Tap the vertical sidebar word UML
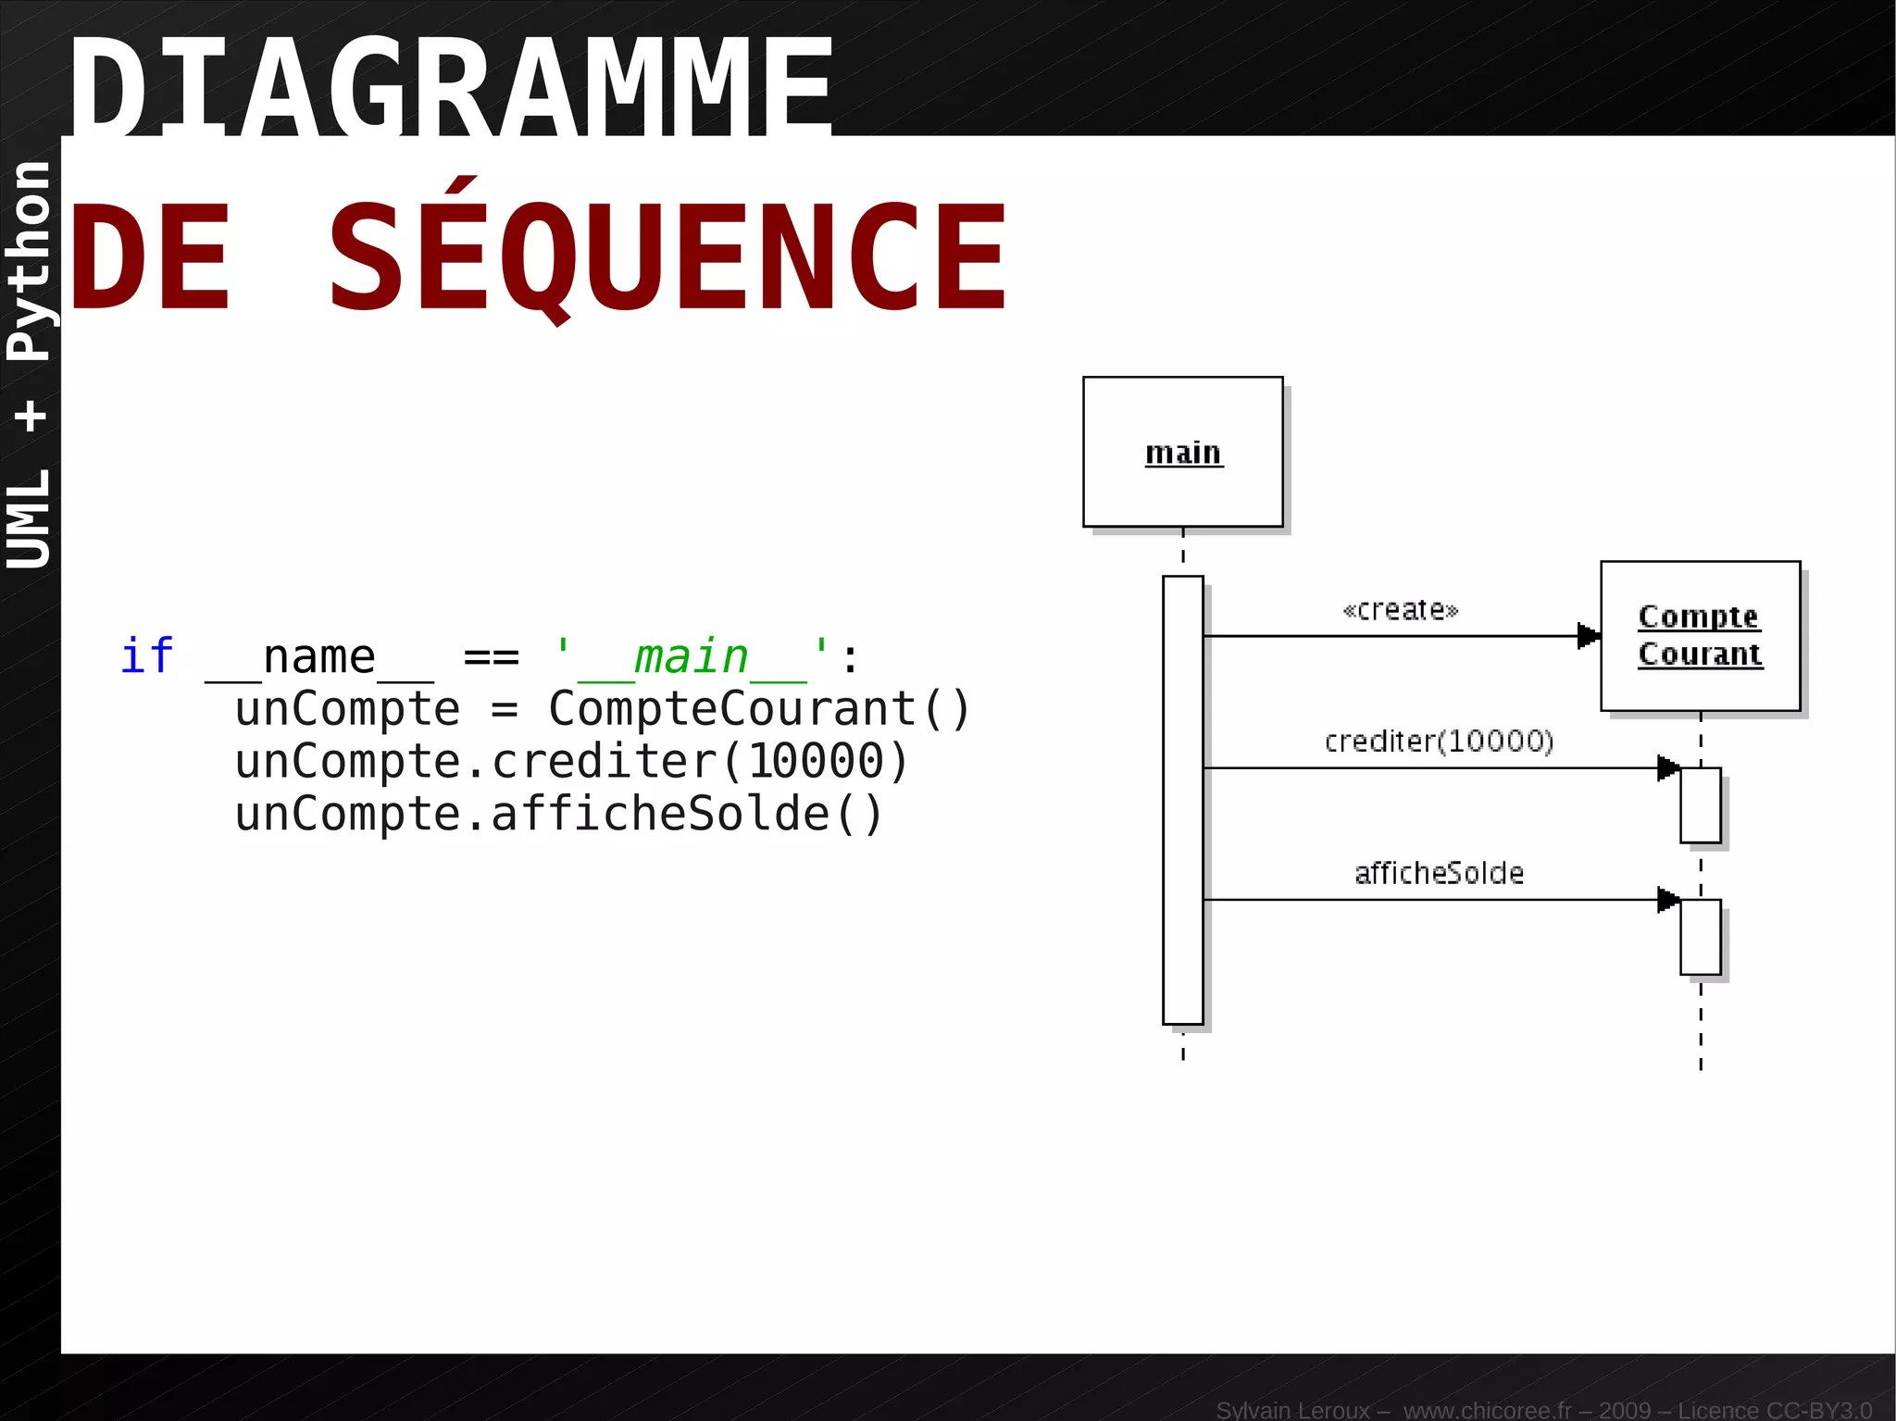[30, 518]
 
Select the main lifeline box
[1182, 452]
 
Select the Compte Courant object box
[1700, 636]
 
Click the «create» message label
[1400, 610]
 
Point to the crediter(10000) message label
[1439, 742]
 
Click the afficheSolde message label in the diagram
[1439, 873]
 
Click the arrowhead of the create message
[1589, 636]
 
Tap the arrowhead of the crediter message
[1668, 767]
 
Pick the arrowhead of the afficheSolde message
[1668, 899]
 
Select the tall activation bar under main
[1182, 800]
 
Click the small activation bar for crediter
[1700, 804]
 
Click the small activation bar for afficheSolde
[1700, 937]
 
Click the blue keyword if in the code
[146, 656]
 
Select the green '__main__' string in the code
[691, 657]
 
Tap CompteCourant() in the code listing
[759, 709]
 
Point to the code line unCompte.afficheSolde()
[559, 815]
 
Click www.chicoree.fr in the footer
[1487, 1410]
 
